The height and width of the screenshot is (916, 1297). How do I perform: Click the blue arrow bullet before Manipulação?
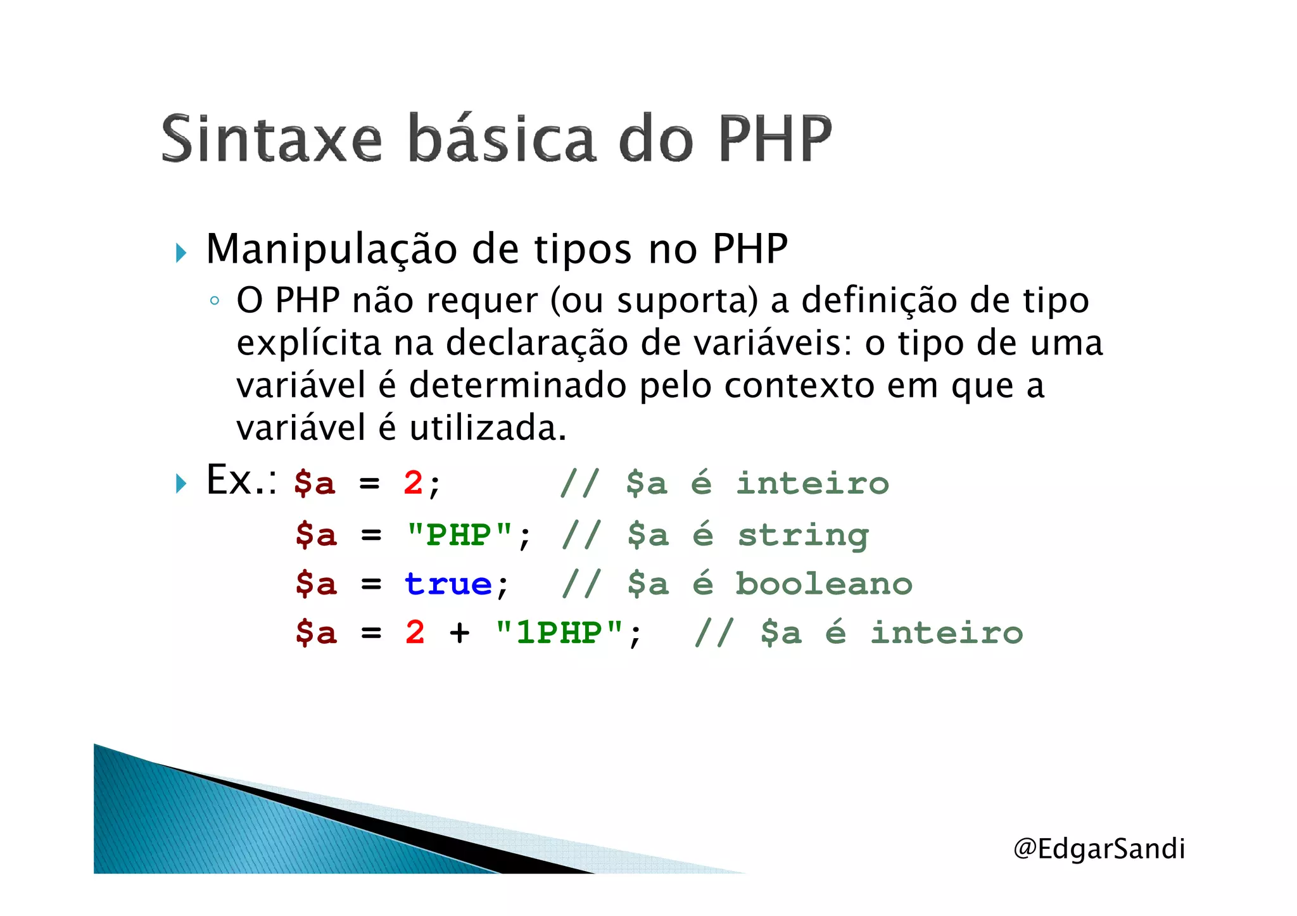(x=182, y=253)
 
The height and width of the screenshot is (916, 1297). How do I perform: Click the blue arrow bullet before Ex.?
(x=182, y=484)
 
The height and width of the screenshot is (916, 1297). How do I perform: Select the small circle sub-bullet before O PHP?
(x=215, y=301)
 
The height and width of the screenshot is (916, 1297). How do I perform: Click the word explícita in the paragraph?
(x=308, y=344)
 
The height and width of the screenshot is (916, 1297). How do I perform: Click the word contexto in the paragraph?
(x=799, y=386)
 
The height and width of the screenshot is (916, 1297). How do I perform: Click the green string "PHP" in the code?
(x=459, y=535)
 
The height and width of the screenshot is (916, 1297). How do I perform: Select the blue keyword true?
(x=448, y=584)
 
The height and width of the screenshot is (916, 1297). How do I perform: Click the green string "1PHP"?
(x=559, y=632)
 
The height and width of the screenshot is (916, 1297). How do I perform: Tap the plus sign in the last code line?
(x=460, y=632)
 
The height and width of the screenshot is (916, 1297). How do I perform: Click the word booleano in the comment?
(x=823, y=584)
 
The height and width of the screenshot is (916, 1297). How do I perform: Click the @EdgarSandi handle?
(x=1099, y=849)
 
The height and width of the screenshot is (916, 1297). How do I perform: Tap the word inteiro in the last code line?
(x=946, y=632)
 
